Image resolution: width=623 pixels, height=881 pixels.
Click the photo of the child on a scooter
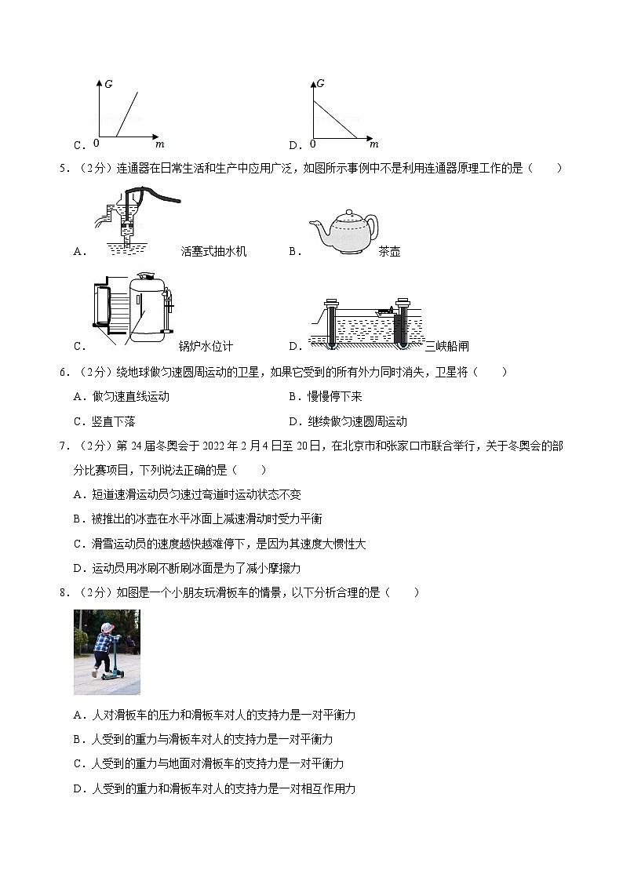107,652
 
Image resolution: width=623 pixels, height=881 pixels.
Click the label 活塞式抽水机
213,252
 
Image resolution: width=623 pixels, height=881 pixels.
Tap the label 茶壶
389,252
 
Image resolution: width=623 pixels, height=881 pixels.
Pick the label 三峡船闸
446,346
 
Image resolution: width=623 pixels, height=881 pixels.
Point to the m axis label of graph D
373,144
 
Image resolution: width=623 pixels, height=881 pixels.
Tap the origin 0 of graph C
96,144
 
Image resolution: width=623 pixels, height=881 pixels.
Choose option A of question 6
122,397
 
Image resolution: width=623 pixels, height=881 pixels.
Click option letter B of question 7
77,519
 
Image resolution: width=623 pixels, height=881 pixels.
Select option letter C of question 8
77,763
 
